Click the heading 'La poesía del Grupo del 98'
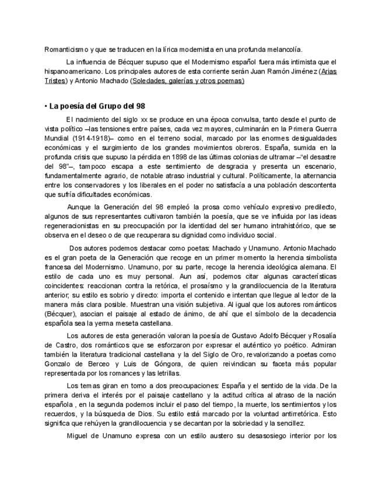coord(94,106)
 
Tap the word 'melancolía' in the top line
coord(284,50)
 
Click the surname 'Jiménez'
coord(301,72)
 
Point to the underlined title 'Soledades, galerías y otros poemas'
coord(188,81)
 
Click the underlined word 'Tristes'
coord(55,81)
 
